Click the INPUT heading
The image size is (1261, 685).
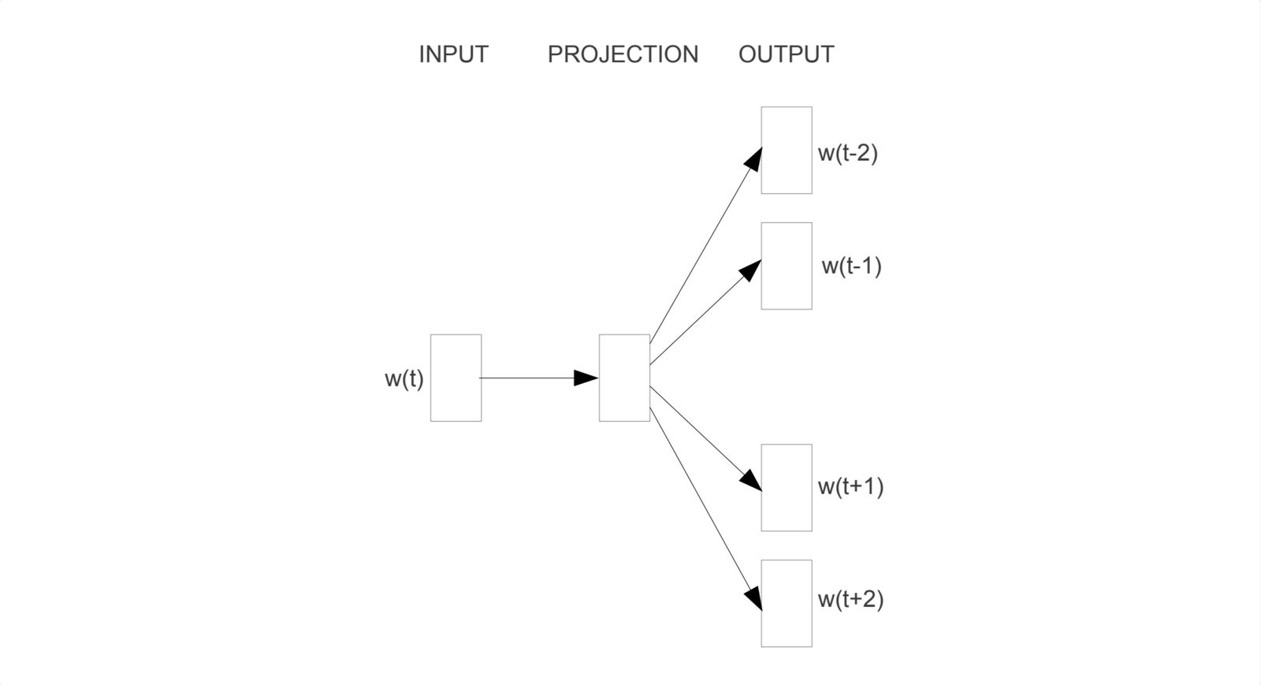pos(453,54)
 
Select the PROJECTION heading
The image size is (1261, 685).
pos(623,54)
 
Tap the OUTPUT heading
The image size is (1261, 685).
pos(786,54)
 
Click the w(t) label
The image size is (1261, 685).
pos(404,379)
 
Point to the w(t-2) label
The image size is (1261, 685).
pos(848,153)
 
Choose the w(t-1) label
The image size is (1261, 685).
pos(851,266)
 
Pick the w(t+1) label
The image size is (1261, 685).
pos(850,486)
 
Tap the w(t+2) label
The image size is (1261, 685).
pos(850,600)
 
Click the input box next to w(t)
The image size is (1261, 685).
pos(456,378)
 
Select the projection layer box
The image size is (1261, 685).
pos(624,378)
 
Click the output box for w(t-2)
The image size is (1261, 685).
pos(787,150)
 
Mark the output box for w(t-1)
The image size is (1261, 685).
pos(787,266)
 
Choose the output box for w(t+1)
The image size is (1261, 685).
pos(787,487)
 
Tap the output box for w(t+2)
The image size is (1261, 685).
pos(787,603)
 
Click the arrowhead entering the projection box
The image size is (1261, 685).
pos(586,378)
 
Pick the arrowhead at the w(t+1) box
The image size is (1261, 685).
pos(751,481)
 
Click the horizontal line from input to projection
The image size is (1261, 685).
pos(528,378)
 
